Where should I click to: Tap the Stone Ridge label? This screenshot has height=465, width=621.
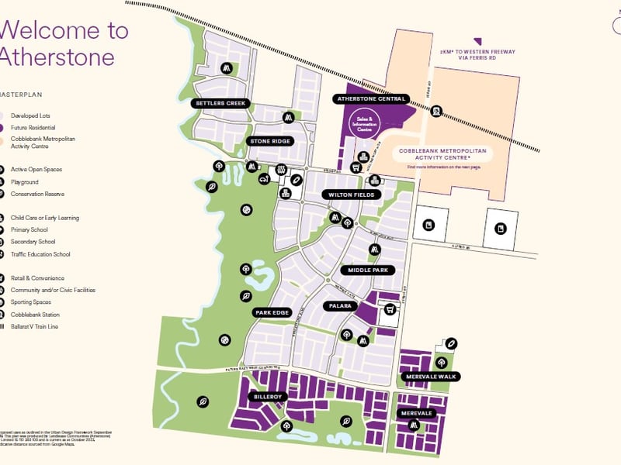pyautogui.click(x=270, y=141)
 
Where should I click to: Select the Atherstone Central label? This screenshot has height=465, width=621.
pyautogui.click(x=371, y=99)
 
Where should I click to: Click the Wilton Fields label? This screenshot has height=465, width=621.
pyautogui.click(x=352, y=195)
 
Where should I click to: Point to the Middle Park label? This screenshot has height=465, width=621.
pyautogui.click(x=367, y=270)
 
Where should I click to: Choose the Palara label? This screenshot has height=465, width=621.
pyautogui.click(x=339, y=306)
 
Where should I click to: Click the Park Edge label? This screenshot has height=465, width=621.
pyautogui.click(x=272, y=313)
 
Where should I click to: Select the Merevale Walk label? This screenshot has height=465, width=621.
pyautogui.click(x=431, y=377)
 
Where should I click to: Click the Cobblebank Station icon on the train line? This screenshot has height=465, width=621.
pyautogui.click(x=436, y=112)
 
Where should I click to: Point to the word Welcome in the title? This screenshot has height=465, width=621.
pyautogui.click(x=51, y=30)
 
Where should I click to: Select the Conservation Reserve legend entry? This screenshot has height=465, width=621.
pyautogui.click(x=37, y=194)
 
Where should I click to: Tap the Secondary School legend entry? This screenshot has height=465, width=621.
pyautogui.click(x=33, y=242)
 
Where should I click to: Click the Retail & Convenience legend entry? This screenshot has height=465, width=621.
pyautogui.click(x=37, y=278)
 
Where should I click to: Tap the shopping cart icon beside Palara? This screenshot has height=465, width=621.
pyautogui.click(x=390, y=309)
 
